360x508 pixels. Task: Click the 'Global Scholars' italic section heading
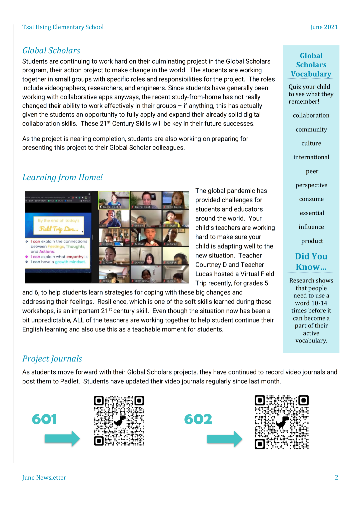[x=51, y=51]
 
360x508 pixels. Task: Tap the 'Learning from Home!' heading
[x=62, y=178]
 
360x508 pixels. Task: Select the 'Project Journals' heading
[x=52, y=359]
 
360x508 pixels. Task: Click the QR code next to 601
[x=119, y=421]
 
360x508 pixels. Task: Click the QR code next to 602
[x=282, y=422]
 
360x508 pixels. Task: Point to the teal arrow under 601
[x=62, y=438]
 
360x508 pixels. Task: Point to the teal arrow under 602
[x=224, y=439]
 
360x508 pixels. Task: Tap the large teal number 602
[x=198, y=419]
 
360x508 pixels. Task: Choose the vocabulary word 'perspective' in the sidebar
[x=311, y=185]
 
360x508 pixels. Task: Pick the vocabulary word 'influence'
[x=311, y=227]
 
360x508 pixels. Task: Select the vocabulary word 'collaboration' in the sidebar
[x=311, y=116]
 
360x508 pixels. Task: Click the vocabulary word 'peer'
[x=312, y=171]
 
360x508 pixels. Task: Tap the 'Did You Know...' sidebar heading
[x=311, y=261]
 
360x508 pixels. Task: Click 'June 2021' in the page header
[x=324, y=27]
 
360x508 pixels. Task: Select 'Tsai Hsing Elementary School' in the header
[x=63, y=27]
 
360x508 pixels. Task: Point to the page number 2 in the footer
[x=336, y=477]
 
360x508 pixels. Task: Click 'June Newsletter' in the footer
[x=44, y=477]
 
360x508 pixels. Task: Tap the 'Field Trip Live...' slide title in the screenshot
[x=59, y=229]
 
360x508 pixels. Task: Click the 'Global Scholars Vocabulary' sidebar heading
[x=311, y=65]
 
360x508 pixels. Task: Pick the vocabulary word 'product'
[x=312, y=241]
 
